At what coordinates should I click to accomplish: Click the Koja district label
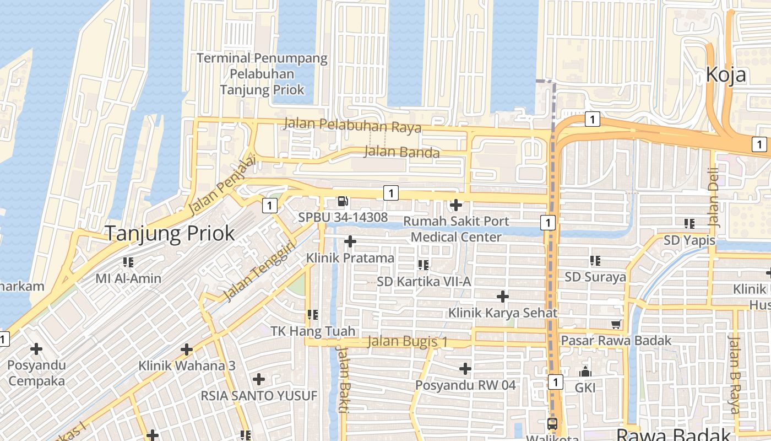(726, 74)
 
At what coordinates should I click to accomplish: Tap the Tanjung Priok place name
(170, 234)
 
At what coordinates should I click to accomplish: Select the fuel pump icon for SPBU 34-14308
(343, 202)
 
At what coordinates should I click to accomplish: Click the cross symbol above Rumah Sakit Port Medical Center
(455, 205)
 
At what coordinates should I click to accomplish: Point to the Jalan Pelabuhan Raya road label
(352, 125)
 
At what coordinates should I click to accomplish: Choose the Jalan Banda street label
(402, 152)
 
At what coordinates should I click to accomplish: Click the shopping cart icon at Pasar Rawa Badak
(616, 324)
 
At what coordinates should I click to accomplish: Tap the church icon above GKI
(585, 372)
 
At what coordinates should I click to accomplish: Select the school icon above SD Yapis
(689, 224)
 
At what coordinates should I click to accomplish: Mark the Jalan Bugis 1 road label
(408, 342)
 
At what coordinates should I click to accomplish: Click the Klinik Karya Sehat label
(503, 313)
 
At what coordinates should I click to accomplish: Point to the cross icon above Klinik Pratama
(350, 241)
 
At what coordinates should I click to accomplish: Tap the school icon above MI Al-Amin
(128, 262)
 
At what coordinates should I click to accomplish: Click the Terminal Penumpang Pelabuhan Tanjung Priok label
(262, 74)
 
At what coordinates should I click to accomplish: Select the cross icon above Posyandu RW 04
(465, 368)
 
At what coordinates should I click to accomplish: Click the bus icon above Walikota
(552, 424)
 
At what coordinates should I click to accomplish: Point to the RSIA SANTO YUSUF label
(259, 396)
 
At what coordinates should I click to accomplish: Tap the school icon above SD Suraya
(595, 260)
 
